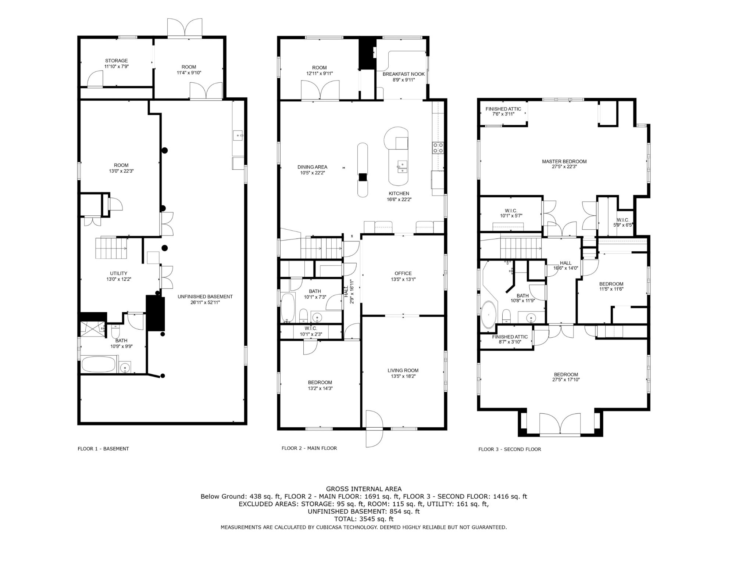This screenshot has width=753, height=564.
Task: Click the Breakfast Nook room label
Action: [x=403, y=77]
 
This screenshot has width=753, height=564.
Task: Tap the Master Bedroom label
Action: [x=564, y=164]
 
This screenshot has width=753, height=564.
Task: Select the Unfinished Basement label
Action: [x=205, y=299]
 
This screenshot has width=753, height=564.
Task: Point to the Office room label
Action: [x=403, y=276]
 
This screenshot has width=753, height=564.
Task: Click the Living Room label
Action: [x=403, y=373]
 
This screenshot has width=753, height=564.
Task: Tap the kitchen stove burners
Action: [x=438, y=148]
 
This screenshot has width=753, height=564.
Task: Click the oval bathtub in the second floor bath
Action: [x=488, y=315]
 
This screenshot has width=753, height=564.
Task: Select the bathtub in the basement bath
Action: [x=99, y=364]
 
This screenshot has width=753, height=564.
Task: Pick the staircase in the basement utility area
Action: [x=111, y=248]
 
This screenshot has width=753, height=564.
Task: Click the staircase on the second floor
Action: [x=521, y=248]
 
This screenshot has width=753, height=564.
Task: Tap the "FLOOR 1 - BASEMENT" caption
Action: [x=103, y=449]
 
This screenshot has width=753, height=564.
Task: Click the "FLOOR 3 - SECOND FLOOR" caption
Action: [x=510, y=449]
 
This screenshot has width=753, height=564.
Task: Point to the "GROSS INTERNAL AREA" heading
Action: [x=364, y=489]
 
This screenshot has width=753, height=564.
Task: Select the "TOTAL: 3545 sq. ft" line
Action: [x=364, y=519]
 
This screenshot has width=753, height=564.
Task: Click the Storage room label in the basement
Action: [x=117, y=64]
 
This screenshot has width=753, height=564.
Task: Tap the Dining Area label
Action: [x=312, y=170]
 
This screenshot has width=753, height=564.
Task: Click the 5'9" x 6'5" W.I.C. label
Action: [x=623, y=222]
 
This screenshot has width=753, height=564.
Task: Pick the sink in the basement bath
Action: [x=125, y=367]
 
